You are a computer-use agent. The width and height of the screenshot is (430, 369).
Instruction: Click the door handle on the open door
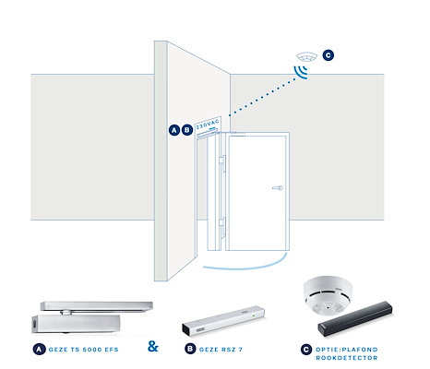click(278, 188)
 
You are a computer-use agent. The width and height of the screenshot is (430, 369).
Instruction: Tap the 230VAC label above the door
click(208, 124)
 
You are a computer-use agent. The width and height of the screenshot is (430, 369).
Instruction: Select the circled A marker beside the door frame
click(174, 130)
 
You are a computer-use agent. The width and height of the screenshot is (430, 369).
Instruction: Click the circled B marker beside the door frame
click(187, 130)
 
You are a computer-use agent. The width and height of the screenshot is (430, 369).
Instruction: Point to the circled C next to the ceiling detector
click(328, 55)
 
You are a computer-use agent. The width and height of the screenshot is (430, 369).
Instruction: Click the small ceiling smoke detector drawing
click(306, 57)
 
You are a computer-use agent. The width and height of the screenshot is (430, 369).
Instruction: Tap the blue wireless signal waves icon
click(300, 72)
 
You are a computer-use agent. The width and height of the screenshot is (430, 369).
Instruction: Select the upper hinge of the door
click(222, 163)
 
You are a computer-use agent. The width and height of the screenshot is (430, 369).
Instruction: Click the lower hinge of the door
click(222, 226)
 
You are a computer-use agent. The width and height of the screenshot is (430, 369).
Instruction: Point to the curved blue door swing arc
click(246, 268)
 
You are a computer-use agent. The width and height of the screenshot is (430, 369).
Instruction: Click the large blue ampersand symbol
click(153, 346)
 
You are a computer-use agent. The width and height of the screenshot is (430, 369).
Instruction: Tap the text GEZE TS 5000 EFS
click(84, 350)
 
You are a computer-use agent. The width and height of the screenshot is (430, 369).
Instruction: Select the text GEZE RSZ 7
click(221, 350)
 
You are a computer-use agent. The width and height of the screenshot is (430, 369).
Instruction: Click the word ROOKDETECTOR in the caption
click(347, 358)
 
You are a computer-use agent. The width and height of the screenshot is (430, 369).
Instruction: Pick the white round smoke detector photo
click(328, 295)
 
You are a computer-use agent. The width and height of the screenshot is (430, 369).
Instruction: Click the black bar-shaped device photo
click(355, 319)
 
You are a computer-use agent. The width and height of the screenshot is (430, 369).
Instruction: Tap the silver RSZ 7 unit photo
click(223, 321)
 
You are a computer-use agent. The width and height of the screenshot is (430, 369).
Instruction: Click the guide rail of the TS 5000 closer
click(97, 306)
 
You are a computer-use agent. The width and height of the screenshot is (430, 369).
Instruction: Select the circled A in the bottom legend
click(39, 350)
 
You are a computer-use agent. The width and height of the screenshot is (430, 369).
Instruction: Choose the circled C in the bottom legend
click(306, 350)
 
